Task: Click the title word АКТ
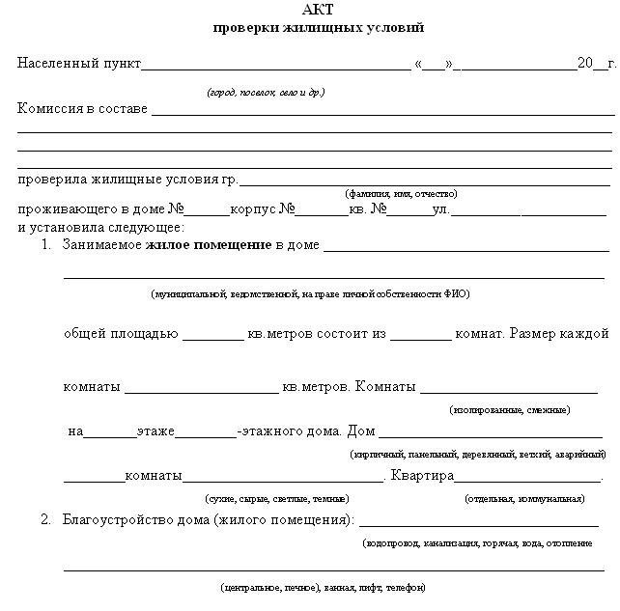tap(318, 11)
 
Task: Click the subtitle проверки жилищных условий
tap(318, 28)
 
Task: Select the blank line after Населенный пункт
tap(276, 66)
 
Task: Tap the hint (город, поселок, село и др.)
tap(266, 93)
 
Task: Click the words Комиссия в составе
tap(82, 108)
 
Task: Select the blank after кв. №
tap(410, 210)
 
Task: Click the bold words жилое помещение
tap(209, 245)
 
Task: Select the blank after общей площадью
tap(213, 335)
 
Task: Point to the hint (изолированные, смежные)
tap(510, 410)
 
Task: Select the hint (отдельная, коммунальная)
tap(524, 499)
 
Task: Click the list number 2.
tap(45, 520)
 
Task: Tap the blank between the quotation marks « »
tap(434, 66)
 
